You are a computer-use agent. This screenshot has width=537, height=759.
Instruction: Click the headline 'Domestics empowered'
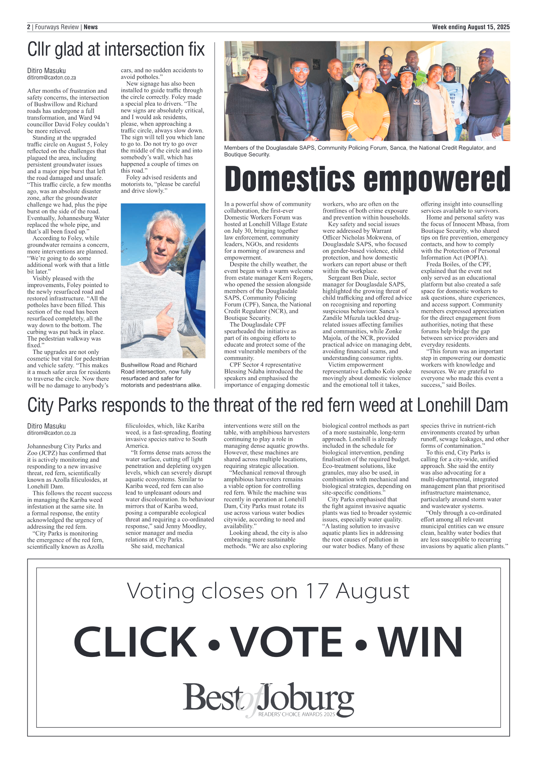pyautogui.click(x=367, y=180)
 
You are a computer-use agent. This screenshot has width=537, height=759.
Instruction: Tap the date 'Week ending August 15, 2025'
pyautogui.click(x=470, y=27)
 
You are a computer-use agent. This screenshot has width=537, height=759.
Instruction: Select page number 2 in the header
pyautogui.click(x=29, y=27)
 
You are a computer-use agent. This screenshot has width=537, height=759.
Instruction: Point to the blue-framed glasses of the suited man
pyautogui.click(x=300, y=70)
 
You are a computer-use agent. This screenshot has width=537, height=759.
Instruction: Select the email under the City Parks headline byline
pyautogui.click(x=52, y=433)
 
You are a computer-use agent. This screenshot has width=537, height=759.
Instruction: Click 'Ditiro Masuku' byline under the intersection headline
pyautogui.click(x=46, y=71)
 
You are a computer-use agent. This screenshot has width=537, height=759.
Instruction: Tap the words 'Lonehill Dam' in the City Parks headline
pyautogui.click(x=462, y=405)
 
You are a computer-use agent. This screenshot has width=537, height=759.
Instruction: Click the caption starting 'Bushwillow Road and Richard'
pyautogui.click(x=161, y=375)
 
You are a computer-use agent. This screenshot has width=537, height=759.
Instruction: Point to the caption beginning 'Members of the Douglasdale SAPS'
pyautogui.click(x=360, y=151)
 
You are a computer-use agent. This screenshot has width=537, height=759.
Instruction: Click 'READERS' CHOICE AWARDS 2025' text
pyautogui.click(x=297, y=714)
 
